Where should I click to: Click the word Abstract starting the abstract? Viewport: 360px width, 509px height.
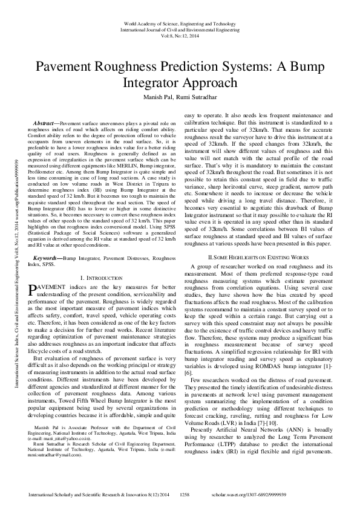(47, 123)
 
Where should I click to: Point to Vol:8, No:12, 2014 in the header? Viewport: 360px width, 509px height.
(179, 36)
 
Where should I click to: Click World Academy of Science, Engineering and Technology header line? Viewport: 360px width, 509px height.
(179, 24)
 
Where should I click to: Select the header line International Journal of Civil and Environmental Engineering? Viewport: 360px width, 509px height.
(179, 30)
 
